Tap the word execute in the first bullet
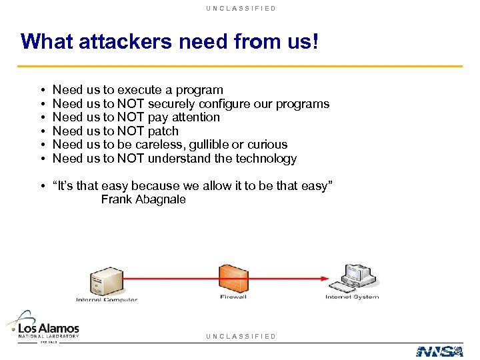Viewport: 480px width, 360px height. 137,90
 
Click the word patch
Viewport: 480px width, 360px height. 163,131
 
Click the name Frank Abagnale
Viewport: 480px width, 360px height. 143,199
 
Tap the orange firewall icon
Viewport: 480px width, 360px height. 233,278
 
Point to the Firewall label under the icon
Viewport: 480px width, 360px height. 233,297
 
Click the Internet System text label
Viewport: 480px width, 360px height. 352,297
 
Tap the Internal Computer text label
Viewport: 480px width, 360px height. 107,299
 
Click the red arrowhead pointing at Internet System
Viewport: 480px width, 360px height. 325,278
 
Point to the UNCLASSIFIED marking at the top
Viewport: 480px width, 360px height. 241,8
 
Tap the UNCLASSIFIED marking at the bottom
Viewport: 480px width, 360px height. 241,336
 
